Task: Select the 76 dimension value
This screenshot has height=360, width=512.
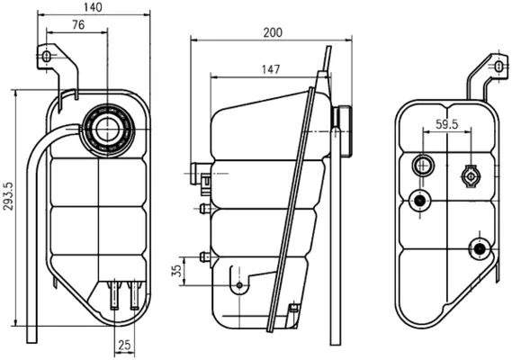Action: coord(79,25)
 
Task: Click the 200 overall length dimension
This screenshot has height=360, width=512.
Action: coord(273,32)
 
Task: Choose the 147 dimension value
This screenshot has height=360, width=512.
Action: coord(269,68)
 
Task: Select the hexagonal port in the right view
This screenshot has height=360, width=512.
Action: coord(469,175)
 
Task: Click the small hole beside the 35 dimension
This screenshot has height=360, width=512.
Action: coord(239,286)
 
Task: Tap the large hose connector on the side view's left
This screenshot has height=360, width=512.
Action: coord(200,170)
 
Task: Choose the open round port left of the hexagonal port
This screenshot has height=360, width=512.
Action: coord(421,166)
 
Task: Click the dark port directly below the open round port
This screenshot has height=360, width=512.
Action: coord(417,201)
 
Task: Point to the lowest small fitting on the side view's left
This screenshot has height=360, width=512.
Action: coord(205,257)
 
